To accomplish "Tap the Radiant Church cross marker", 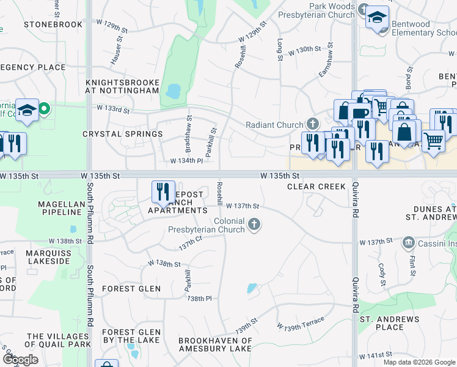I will click(313, 125).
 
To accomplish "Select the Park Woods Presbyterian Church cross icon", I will click(364, 10).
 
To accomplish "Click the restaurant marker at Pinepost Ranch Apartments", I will click(163, 192).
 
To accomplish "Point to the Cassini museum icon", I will click(408, 243).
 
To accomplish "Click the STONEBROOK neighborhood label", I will click(53, 24).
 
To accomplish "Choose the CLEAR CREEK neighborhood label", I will click(316, 187).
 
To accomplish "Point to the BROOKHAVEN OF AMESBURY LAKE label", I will click(215, 344).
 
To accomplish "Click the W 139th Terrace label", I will click(301, 326).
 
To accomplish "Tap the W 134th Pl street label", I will click(186, 161).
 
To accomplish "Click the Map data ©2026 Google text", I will click(419, 362).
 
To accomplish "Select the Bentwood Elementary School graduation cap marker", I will click(378, 17).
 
